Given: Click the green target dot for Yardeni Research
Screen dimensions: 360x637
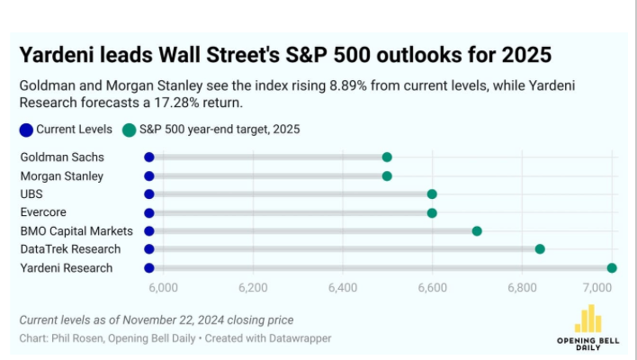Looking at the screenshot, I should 612,267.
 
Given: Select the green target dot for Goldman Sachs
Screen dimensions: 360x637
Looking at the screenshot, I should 387,157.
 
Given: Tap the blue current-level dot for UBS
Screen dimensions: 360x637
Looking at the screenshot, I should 149,193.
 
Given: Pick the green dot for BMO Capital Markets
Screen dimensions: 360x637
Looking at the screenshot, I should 477,230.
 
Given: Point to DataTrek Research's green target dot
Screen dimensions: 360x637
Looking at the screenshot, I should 540,249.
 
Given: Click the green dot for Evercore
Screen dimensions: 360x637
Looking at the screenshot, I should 432,212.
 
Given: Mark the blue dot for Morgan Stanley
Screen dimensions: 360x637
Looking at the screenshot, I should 149,175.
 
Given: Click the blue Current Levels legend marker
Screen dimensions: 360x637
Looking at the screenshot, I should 26,130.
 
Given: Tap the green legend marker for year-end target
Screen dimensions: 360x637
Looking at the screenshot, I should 130,130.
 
